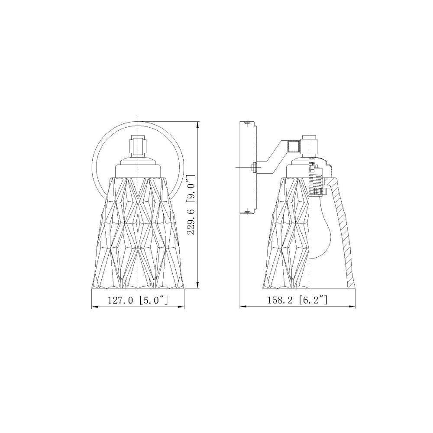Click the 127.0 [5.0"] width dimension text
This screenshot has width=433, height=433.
click(x=138, y=300)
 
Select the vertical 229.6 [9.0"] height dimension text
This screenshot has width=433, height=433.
click(x=191, y=205)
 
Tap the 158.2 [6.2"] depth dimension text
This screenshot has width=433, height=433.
click(x=297, y=300)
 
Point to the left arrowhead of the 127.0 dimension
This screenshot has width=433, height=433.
click(x=94, y=307)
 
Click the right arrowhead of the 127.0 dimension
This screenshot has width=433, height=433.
click(x=181, y=307)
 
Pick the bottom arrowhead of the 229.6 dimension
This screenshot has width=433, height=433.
click(x=198, y=284)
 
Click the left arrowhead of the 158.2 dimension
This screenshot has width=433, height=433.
click(x=243, y=307)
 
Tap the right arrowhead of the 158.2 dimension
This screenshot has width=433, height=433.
click(x=352, y=307)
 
